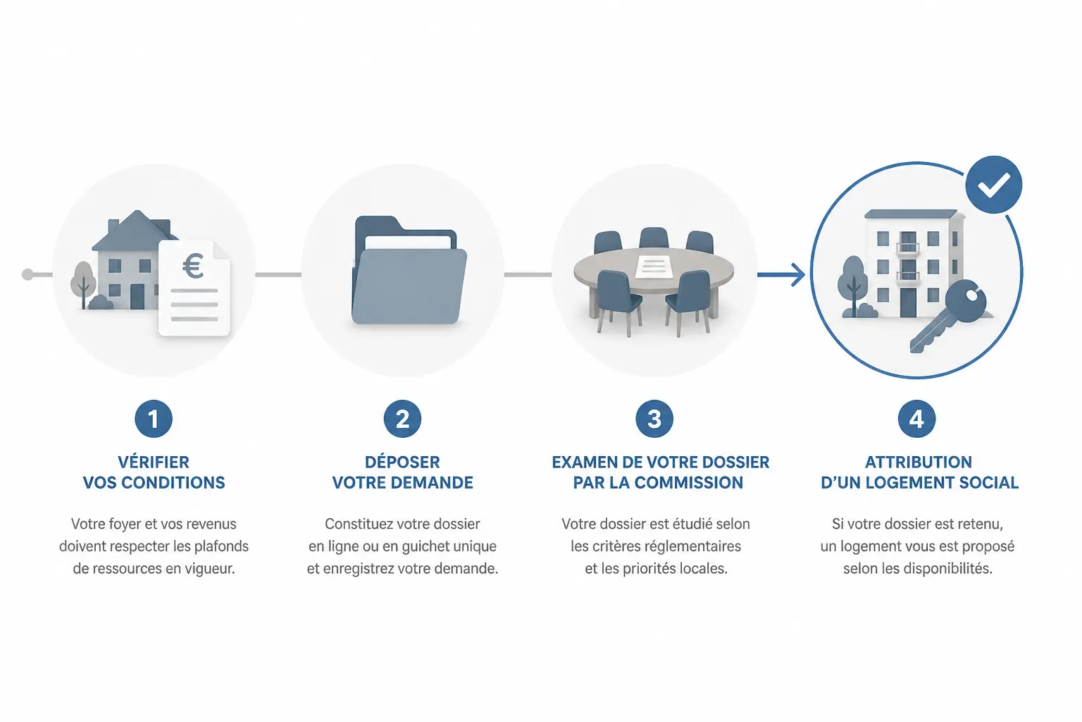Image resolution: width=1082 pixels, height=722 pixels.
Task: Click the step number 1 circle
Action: pyautogui.click(x=154, y=419)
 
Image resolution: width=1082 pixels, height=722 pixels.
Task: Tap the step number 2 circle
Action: pyautogui.click(x=402, y=419)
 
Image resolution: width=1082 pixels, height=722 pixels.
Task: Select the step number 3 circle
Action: pyautogui.click(x=654, y=419)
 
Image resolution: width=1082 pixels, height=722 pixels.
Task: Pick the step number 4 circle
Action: pyautogui.click(x=916, y=419)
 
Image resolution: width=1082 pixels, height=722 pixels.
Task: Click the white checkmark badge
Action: pyautogui.click(x=994, y=185)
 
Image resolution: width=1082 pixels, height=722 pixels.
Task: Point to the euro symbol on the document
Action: pyautogui.click(x=193, y=267)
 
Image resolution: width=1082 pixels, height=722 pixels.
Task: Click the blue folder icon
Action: pyautogui.click(x=409, y=270)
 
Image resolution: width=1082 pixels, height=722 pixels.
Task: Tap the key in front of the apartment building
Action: pyautogui.click(x=947, y=315)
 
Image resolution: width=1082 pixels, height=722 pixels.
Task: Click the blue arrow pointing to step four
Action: pyautogui.click(x=781, y=275)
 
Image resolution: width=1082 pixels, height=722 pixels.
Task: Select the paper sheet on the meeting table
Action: pyautogui.click(x=654, y=267)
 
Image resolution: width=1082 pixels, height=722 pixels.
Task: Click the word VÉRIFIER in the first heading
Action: pyautogui.click(x=154, y=462)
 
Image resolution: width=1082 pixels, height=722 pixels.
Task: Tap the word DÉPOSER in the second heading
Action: pyautogui.click(x=402, y=462)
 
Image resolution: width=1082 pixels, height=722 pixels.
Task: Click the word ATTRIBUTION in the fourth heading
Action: pyautogui.click(x=919, y=463)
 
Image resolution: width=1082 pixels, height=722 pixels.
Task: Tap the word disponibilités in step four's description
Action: pyautogui.click(x=947, y=569)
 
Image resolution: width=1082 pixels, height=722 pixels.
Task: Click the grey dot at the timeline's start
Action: pyautogui.click(x=28, y=275)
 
